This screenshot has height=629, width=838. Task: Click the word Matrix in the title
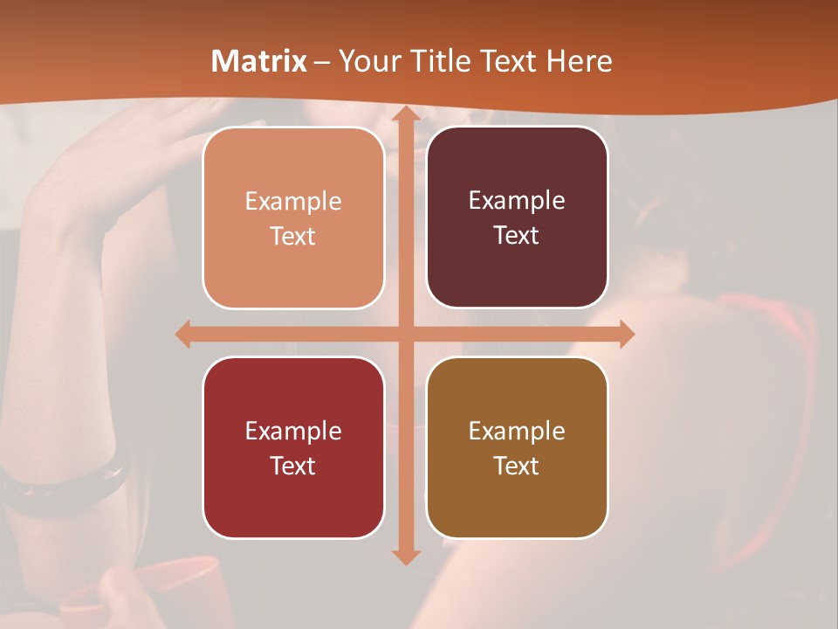click(x=259, y=61)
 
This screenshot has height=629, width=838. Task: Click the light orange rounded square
click(x=293, y=218)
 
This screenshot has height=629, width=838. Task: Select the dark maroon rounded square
click(x=517, y=218)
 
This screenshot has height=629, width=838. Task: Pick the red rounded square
click(x=293, y=447)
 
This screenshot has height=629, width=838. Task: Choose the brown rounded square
click(x=517, y=447)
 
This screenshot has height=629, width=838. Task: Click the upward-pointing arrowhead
click(x=405, y=114)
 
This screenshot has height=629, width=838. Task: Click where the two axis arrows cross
click(x=405, y=334)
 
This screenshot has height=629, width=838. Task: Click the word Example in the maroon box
click(x=517, y=201)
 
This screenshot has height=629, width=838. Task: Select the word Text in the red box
click(x=292, y=466)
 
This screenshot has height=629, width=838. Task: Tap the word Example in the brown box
click(x=517, y=431)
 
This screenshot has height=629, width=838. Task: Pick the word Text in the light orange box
click(x=292, y=237)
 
